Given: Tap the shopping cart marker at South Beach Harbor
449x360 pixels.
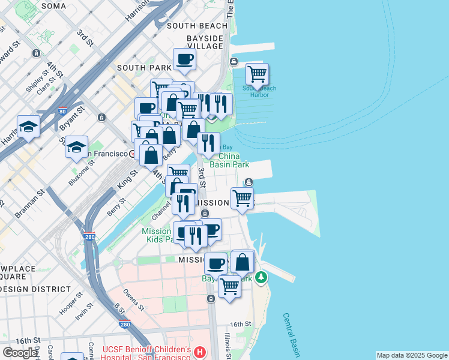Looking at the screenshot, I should click(257, 74).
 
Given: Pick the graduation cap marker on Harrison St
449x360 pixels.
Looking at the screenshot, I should click(28, 127).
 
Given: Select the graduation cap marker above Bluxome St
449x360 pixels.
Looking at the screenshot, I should click(76, 147).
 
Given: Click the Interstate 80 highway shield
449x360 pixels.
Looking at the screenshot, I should click(62, 111).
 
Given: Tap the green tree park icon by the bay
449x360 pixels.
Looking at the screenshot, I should click(261, 277).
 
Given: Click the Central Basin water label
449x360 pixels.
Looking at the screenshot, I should click(293, 334).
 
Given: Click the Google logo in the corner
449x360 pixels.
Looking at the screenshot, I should click(20, 353).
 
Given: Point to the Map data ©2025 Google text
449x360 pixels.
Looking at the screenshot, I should click(412, 355).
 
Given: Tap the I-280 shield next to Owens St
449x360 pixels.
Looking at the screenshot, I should click(124, 325).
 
